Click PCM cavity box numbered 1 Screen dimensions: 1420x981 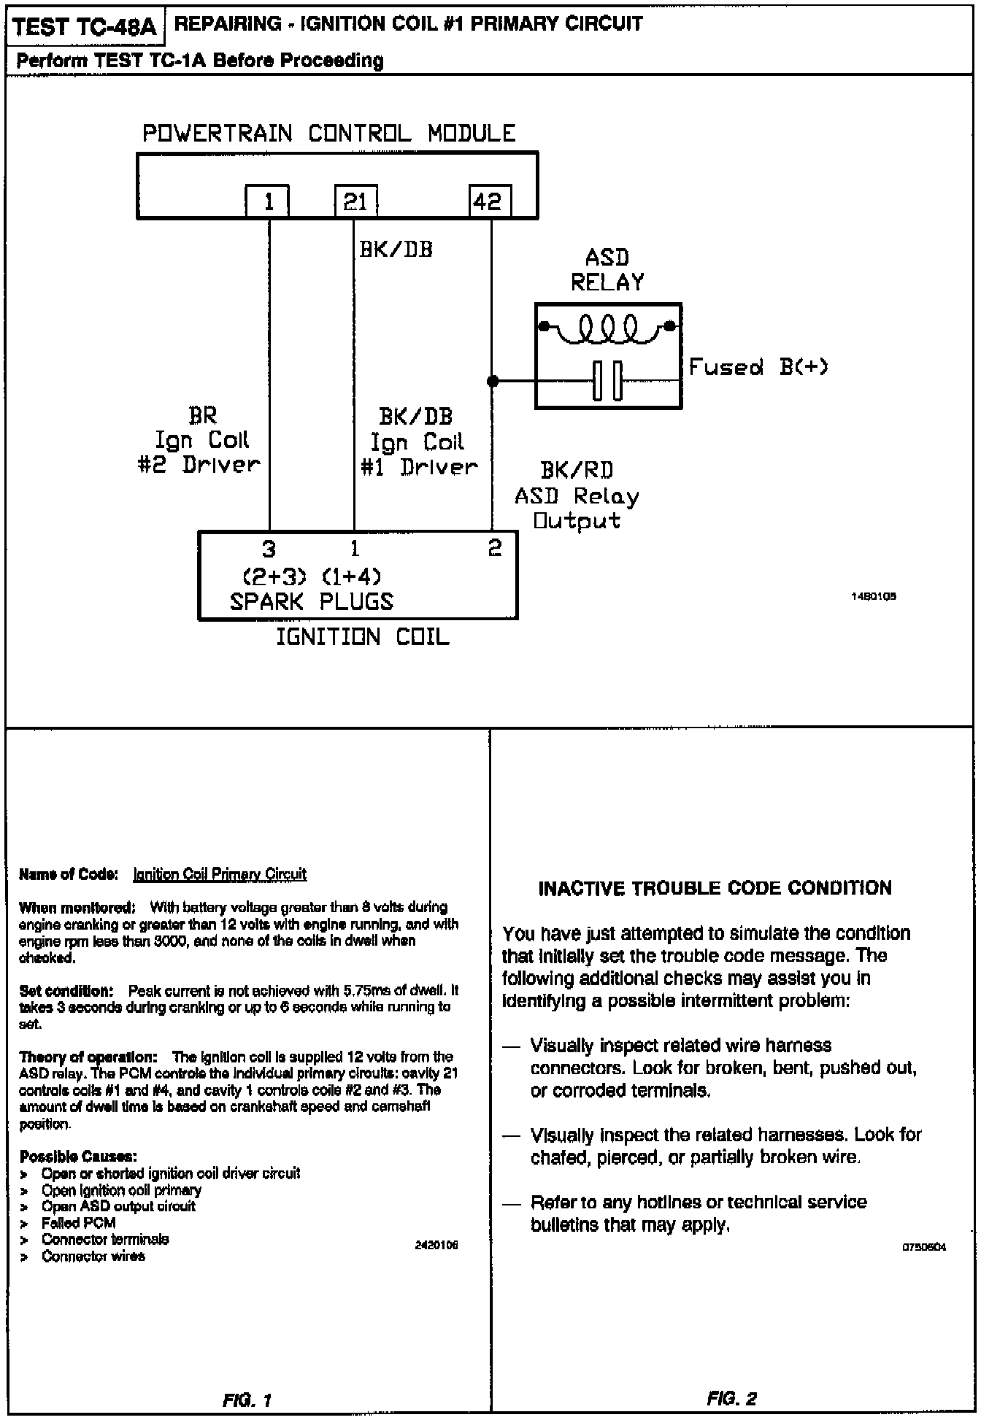267,201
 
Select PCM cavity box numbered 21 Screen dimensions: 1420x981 355,201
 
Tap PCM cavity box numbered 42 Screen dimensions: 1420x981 489,201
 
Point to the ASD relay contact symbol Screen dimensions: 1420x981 607,381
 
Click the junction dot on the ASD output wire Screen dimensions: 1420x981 493,381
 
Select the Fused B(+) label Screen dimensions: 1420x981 758,366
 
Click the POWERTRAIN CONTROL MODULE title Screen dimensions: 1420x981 328,134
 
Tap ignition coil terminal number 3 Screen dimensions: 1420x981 269,549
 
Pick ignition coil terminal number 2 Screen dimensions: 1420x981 495,548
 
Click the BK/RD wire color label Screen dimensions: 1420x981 577,471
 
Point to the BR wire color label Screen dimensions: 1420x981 202,416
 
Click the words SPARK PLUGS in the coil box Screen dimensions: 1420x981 312,602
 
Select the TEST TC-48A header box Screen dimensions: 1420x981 85,27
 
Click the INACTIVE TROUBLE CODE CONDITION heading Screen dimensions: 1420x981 715,888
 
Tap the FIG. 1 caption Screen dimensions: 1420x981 247,1400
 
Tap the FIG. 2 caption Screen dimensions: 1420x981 732,1399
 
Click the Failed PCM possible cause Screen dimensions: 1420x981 78,1222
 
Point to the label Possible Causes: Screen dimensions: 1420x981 78,1157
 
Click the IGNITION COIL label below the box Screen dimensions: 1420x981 362,638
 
